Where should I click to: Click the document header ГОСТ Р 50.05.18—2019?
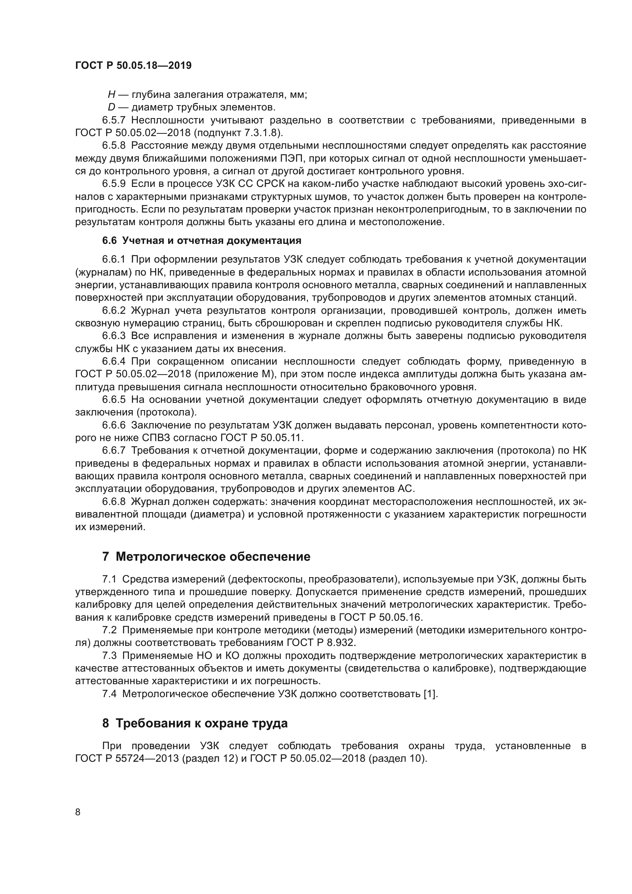point(133,65)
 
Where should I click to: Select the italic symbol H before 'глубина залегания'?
point(112,95)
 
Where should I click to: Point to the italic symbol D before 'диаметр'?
point(112,107)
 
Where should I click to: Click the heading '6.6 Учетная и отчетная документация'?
point(202,241)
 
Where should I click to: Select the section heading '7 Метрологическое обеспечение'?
point(206,557)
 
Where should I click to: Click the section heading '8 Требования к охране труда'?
point(195,723)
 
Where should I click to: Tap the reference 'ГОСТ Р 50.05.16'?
point(380,617)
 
